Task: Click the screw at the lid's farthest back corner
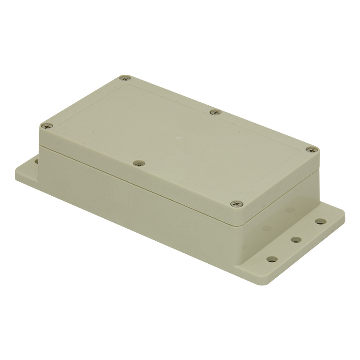tap(125, 78)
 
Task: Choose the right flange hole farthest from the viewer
tap(320, 221)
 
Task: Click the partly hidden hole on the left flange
tap(35, 159)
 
